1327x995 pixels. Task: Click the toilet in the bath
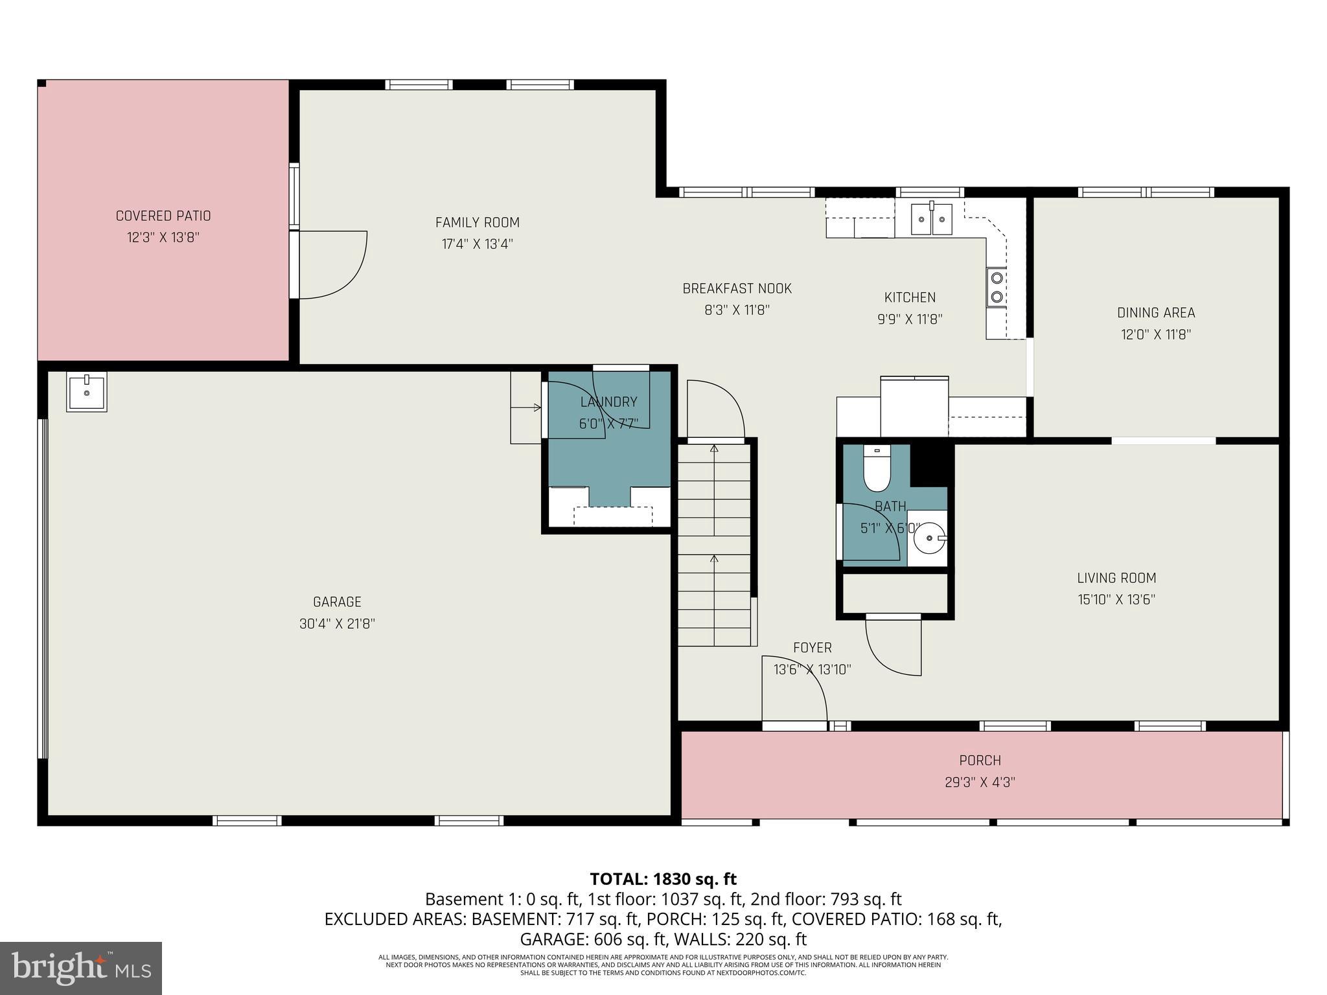[877, 471]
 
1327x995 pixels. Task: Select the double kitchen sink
[932, 219]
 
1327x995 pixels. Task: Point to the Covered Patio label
[163, 216]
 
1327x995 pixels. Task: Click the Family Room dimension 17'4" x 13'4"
[478, 244]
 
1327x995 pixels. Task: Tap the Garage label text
[337, 602]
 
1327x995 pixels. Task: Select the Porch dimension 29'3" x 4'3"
[980, 782]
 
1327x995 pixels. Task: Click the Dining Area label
[1156, 313]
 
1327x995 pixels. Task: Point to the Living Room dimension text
[1116, 600]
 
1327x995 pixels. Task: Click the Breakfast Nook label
[737, 288]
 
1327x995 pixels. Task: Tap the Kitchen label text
[910, 297]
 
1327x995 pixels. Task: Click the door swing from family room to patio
[337, 266]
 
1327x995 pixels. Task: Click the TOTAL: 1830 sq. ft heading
[663, 879]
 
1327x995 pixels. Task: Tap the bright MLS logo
[81, 968]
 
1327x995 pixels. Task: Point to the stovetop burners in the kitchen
[997, 287]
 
